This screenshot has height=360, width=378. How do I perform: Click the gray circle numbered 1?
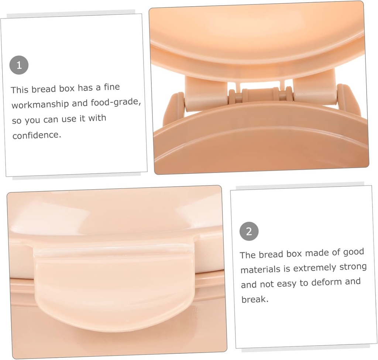[x=19, y=65]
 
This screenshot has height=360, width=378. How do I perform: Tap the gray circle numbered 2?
[x=249, y=231]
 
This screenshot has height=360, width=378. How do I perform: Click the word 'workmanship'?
[x=40, y=104]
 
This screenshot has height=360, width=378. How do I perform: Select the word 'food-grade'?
[x=116, y=103]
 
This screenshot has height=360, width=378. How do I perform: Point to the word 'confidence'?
[x=37, y=135]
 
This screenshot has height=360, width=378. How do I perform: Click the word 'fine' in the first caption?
[x=112, y=87]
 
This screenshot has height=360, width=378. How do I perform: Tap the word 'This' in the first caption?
[x=19, y=90]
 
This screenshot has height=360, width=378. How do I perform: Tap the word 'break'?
[x=254, y=299]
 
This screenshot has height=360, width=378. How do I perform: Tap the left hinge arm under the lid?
[x=206, y=93]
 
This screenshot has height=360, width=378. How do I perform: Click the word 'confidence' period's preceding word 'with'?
[x=97, y=118]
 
